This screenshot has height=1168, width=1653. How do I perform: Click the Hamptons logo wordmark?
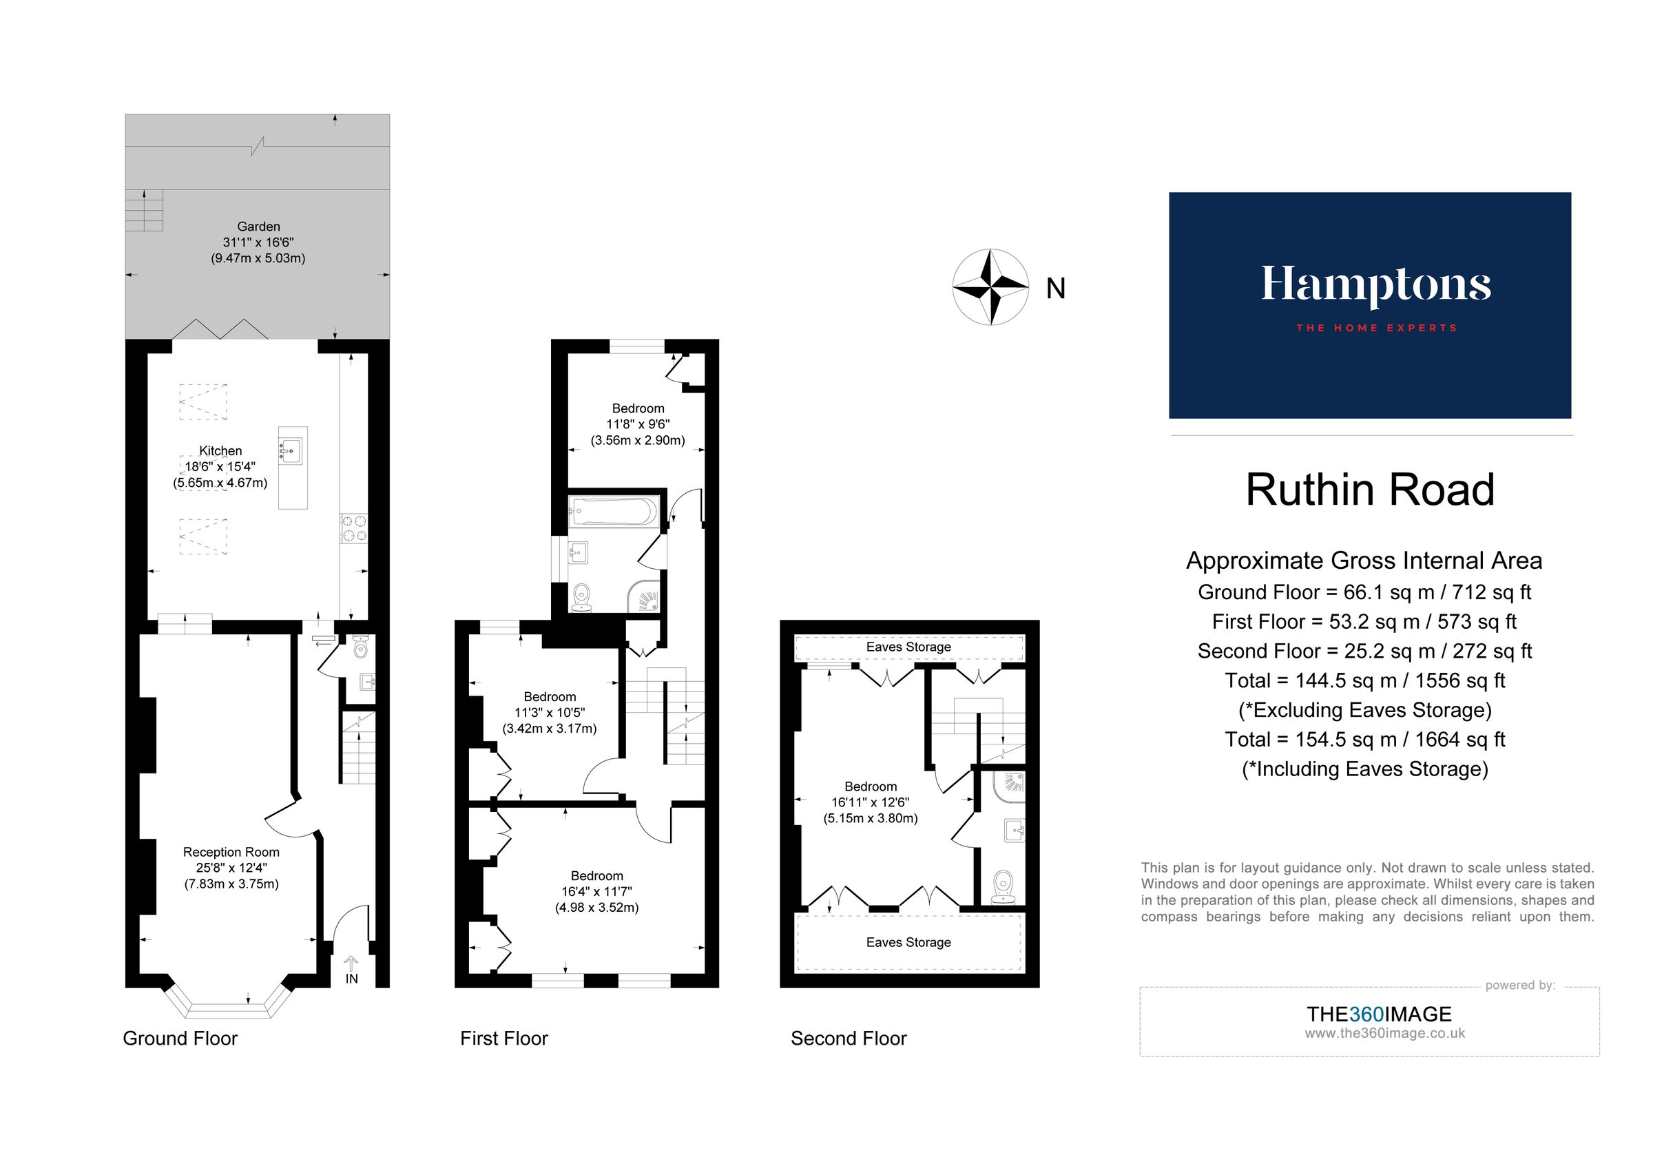tap(1375, 286)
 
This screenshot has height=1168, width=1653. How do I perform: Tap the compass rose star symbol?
tap(990, 287)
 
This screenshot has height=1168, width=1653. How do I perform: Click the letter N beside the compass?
tap(1055, 289)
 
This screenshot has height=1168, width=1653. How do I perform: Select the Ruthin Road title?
tap(1370, 490)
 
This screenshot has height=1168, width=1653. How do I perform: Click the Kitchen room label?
tap(220, 451)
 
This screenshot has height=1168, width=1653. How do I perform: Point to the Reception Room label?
tap(231, 852)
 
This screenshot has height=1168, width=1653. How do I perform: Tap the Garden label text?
tap(258, 227)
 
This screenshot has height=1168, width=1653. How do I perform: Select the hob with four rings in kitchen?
tap(353, 528)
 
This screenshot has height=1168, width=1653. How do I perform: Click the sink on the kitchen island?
tap(291, 452)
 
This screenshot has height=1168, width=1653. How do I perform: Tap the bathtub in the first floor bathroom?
tap(614, 512)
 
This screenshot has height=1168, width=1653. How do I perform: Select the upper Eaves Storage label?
tap(908, 647)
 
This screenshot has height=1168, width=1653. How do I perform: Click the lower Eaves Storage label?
tap(908, 943)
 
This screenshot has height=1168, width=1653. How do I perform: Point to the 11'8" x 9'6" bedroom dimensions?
tap(638, 425)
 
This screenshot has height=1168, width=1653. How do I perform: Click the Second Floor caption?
tap(848, 1039)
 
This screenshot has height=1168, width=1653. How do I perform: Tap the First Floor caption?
tap(504, 1039)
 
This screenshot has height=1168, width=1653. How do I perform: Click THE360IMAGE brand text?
tap(1379, 1014)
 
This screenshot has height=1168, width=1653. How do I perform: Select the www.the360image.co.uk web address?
tap(1384, 1034)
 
